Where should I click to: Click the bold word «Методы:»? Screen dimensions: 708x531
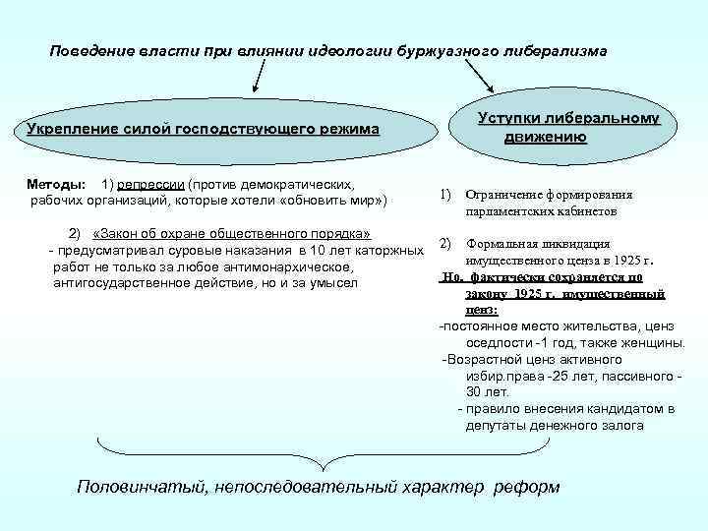(x=56, y=184)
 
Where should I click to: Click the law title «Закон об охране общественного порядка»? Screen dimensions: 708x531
(x=231, y=235)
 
